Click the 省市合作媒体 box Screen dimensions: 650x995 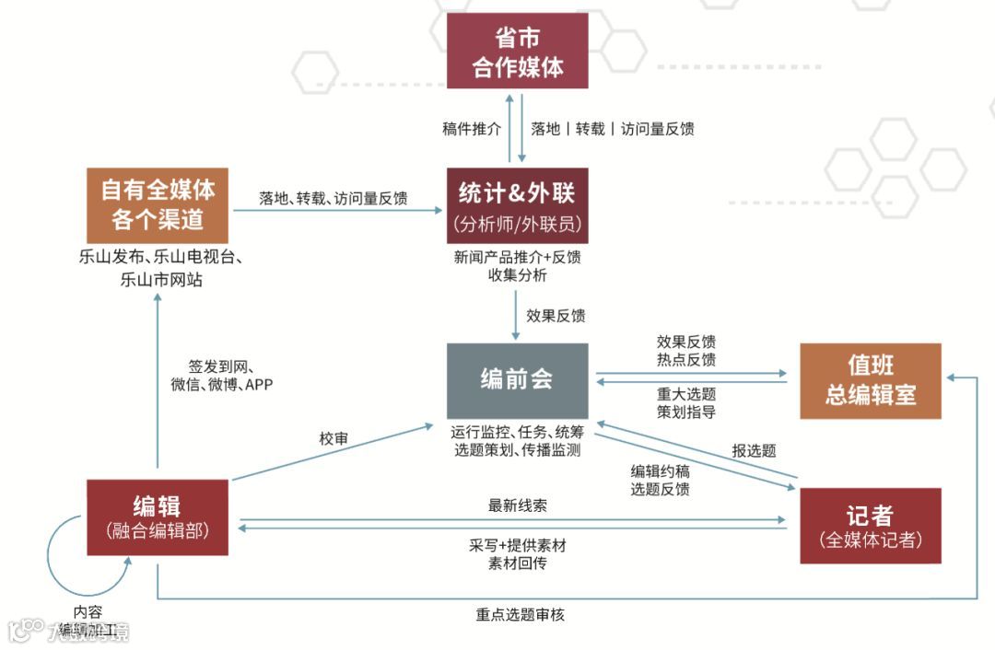(517, 52)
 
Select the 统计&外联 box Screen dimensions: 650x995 (517, 205)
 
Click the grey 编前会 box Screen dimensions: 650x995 (517, 380)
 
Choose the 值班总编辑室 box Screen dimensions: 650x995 (871, 380)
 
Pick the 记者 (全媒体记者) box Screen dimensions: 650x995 (871, 526)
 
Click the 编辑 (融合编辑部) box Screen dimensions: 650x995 (157, 517)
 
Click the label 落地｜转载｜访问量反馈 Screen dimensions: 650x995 (613, 129)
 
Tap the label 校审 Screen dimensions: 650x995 (334, 439)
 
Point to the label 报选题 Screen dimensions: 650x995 (754, 450)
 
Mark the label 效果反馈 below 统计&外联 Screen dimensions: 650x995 (556, 316)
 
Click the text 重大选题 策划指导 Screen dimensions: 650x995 (686, 402)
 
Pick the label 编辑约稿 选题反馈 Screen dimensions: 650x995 (660, 480)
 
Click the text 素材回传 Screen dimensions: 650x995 (518, 563)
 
